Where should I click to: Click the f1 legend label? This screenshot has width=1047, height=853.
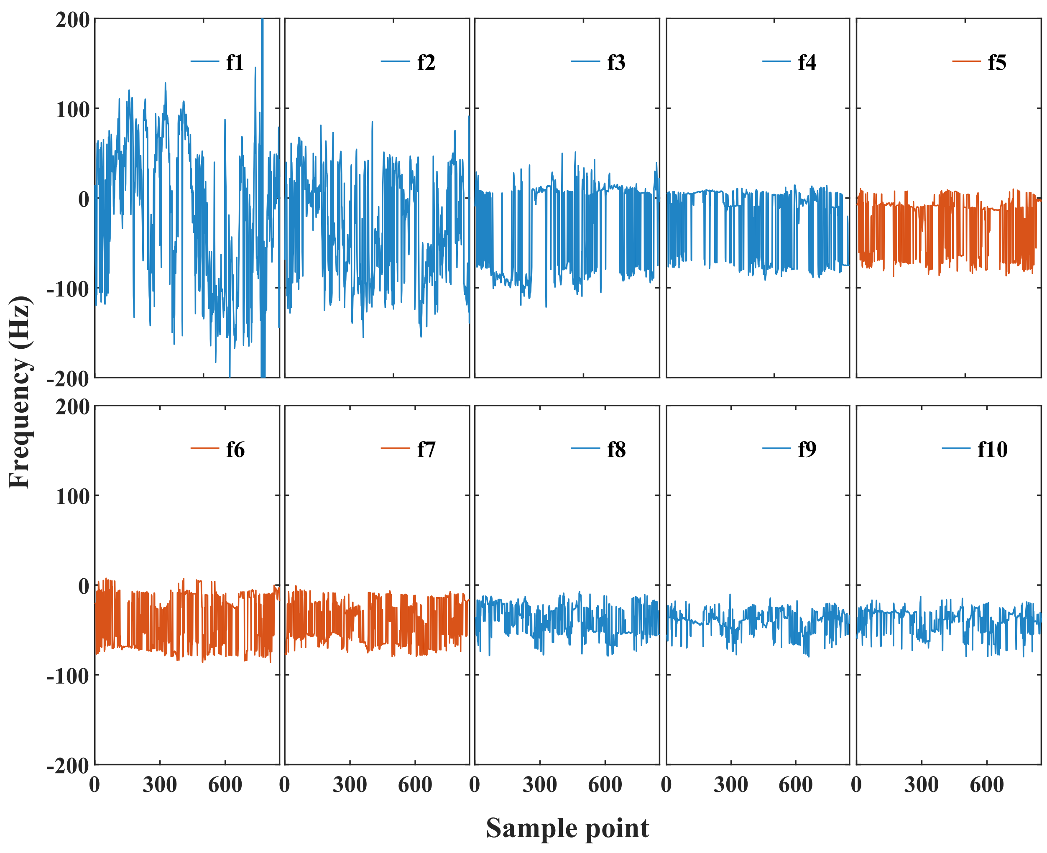[x=235, y=62]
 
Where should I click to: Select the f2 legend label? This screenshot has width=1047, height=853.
[x=426, y=62]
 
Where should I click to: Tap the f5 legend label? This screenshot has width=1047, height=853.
[x=997, y=62]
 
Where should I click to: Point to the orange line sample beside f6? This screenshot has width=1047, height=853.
[x=204, y=449]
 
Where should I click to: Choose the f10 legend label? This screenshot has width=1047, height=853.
[x=992, y=449]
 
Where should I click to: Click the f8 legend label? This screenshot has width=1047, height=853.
[x=616, y=449]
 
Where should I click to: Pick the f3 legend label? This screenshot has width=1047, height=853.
[x=616, y=62]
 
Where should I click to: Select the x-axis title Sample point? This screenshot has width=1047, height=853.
[x=567, y=828]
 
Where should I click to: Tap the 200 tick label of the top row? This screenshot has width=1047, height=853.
[x=72, y=20]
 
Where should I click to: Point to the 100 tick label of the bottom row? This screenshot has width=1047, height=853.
[x=72, y=496]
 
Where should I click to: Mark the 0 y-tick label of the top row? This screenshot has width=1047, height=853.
[x=84, y=199]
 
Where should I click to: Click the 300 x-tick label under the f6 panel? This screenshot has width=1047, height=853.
[x=160, y=785]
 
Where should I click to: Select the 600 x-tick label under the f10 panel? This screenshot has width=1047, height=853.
[x=986, y=785]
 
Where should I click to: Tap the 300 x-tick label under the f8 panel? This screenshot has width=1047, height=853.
[x=539, y=785]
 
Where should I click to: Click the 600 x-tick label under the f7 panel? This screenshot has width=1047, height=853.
[x=415, y=785]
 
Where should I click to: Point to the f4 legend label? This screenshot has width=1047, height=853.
[x=807, y=62]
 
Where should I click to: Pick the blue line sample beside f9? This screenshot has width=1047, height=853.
[x=776, y=449]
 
